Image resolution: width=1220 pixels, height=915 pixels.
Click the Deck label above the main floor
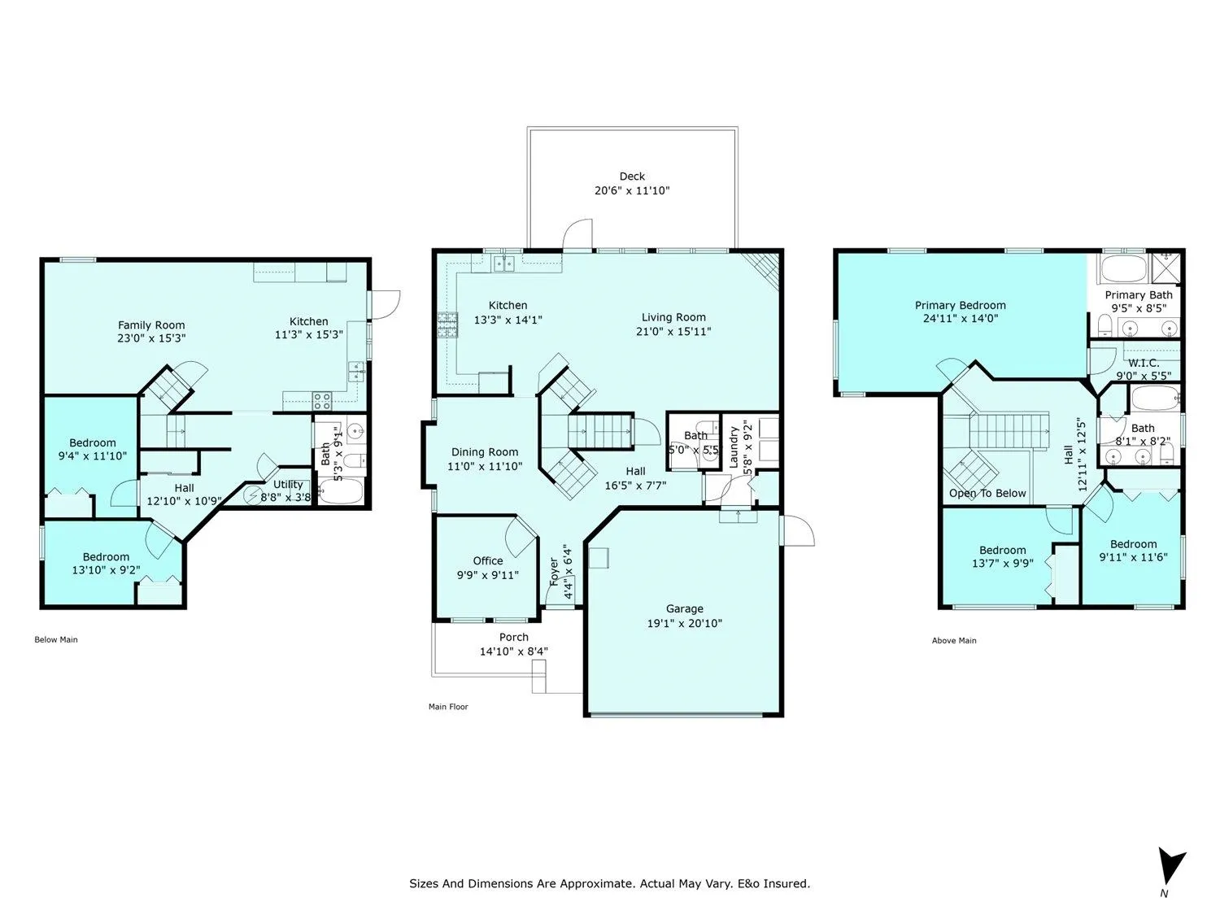click(632, 176)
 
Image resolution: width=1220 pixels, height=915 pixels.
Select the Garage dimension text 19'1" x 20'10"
click(684, 623)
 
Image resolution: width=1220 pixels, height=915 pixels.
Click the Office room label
click(488, 560)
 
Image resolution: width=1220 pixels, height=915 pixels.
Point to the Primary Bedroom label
click(960, 305)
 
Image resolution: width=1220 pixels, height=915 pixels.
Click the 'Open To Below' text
click(987, 493)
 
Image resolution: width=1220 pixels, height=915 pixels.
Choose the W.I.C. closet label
click(1143, 363)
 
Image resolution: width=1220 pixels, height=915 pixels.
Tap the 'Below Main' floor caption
click(56, 639)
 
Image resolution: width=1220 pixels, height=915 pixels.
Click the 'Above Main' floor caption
click(954, 640)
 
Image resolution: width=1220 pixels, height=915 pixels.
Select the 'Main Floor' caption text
click(448, 707)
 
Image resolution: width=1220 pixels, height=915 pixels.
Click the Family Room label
click(151, 325)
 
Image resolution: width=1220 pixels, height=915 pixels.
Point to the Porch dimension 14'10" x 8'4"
click(513, 651)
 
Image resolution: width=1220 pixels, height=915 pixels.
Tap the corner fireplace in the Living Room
click(765, 267)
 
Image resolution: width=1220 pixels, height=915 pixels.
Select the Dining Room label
click(485, 451)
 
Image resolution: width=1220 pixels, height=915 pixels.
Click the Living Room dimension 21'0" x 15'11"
click(673, 331)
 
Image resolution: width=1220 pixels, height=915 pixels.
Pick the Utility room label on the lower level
click(288, 484)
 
